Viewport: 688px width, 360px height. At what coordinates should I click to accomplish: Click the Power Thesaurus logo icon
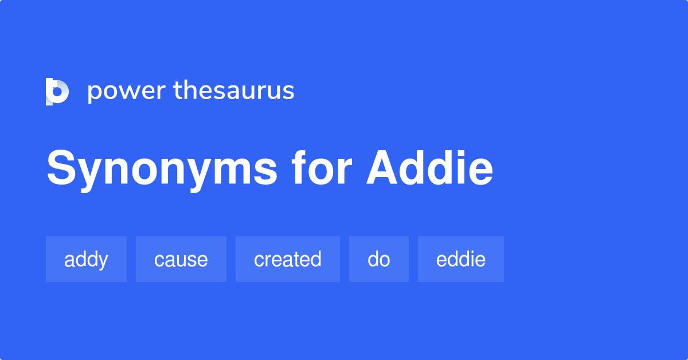[57, 91]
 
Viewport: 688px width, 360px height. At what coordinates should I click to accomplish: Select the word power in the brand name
[126, 92]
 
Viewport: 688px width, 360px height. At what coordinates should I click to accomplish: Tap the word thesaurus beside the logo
[234, 91]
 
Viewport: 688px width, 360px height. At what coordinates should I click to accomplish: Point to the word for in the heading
[321, 169]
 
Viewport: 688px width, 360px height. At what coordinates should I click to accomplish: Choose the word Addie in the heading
[430, 169]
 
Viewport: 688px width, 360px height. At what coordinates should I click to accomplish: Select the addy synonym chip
[86, 259]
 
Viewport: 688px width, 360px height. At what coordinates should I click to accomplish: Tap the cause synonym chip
[181, 259]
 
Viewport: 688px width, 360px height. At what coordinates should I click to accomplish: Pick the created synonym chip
[287, 259]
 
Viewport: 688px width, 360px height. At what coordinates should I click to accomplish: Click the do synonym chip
[378, 259]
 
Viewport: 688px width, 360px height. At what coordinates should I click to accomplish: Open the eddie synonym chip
[460, 259]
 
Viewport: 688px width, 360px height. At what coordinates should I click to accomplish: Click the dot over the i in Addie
[463, 153]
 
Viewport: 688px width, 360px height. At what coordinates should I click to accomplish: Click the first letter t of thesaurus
[177, 91]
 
